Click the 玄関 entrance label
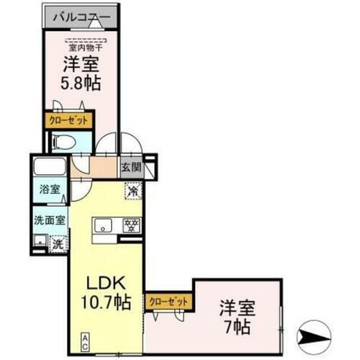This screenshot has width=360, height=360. point(131,168)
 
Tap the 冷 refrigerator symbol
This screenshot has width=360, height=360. point(132,192)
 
